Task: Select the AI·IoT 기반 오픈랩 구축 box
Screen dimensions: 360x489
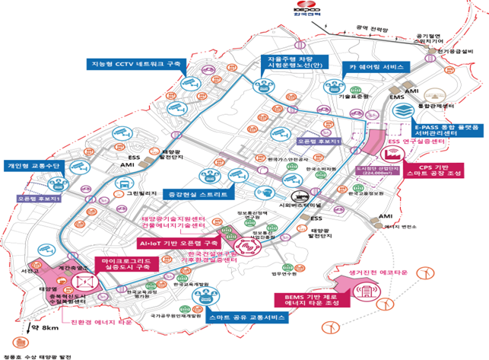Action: (183, 243)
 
